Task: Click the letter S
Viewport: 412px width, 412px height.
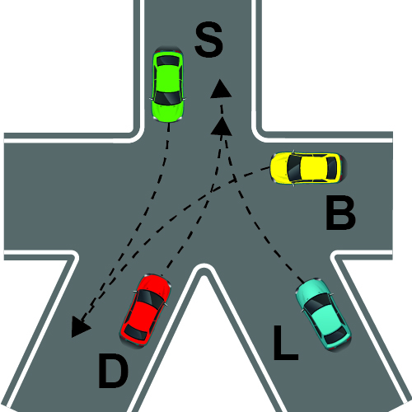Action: click(208, 40)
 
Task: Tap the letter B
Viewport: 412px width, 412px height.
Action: click(340, 213)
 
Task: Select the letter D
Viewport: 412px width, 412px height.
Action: click(113, 371)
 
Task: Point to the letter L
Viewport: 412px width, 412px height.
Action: click(286, 343)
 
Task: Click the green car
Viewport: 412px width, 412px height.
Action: click(168, 84)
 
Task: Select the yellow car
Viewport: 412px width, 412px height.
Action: click(308, 168)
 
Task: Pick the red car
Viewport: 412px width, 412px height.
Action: click(145, 311)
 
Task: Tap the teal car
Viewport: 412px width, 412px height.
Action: click(323, 314)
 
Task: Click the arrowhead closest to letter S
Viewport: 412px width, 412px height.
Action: click(220, 89)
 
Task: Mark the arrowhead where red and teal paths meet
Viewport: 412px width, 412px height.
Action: click(222, 126)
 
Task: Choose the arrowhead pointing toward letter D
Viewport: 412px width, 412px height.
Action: click(79, 326)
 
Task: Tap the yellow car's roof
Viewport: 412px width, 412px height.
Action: click(313, 168)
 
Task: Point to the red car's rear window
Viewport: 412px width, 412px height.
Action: click(136, 333)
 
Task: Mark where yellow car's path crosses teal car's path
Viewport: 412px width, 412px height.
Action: click(234, 180)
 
